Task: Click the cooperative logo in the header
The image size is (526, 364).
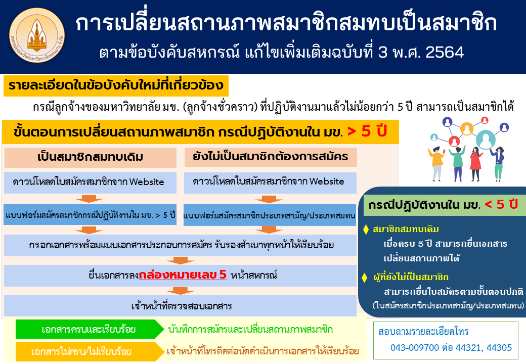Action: tap(37, 36)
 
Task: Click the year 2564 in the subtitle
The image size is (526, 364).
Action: tap(445, 52)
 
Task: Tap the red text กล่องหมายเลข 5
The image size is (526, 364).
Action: tap(183, 275)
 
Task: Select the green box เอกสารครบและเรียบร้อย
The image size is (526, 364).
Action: tap(89, 329)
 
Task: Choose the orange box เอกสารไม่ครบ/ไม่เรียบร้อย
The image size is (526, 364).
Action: tap(89, 351)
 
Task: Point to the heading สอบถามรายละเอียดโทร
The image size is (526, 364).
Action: tap(423, 331)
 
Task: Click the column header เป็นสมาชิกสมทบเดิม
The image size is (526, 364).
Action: tap(90, 157)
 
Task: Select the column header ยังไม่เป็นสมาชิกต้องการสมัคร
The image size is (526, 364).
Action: tap(271, 157)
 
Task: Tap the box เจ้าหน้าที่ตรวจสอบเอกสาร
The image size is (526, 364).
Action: tap(180, 306)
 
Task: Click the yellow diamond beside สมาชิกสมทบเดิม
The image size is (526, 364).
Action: tap(366, 230)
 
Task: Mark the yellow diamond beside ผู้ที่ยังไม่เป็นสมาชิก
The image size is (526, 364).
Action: tap(365, 278)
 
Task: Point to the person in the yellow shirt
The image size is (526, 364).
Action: tap(436, 163)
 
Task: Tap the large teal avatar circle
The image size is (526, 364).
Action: tap(486, 140)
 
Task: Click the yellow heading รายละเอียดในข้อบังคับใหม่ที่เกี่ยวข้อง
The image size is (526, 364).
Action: tap(116, 85)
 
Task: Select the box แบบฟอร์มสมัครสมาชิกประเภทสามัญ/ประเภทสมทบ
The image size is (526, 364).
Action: tap(270, 215)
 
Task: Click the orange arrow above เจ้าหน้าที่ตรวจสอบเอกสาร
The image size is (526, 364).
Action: tap(180, 291)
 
